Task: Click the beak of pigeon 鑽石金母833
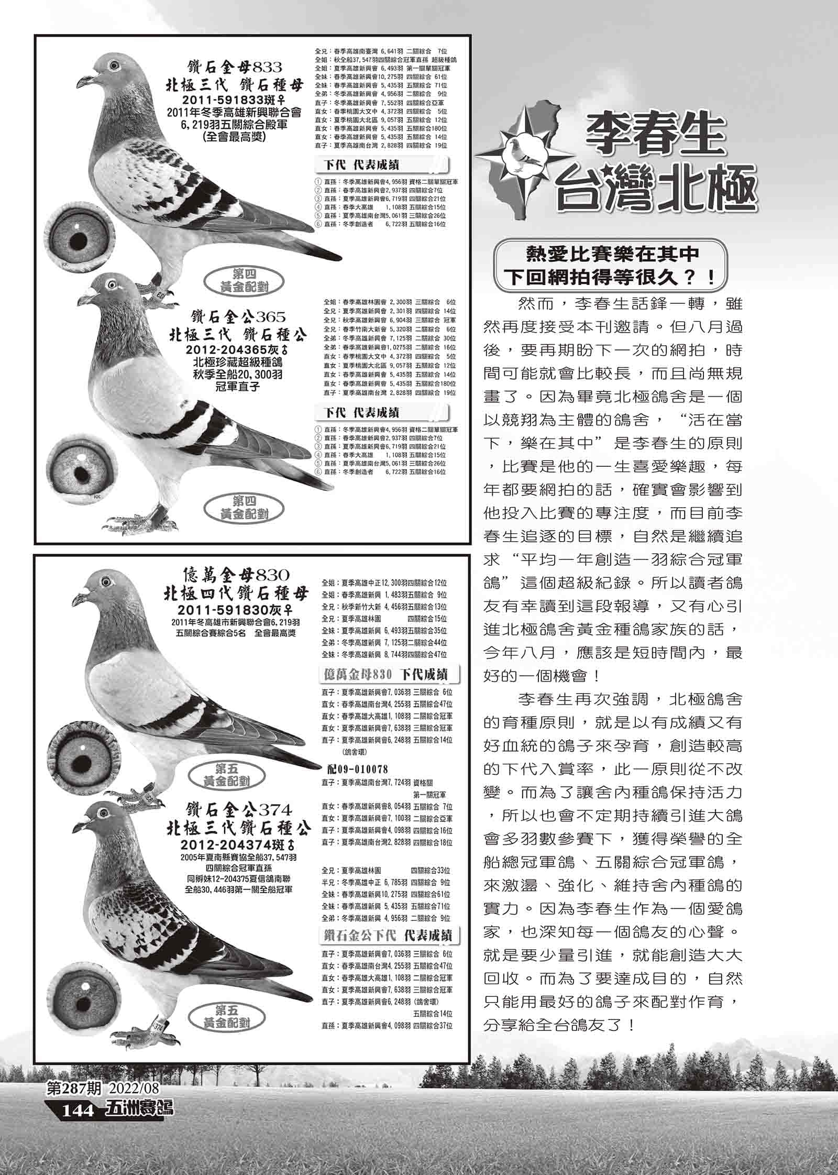pos(83,82)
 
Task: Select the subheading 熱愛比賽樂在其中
pos(612,254)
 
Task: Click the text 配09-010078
pos(357,769)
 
